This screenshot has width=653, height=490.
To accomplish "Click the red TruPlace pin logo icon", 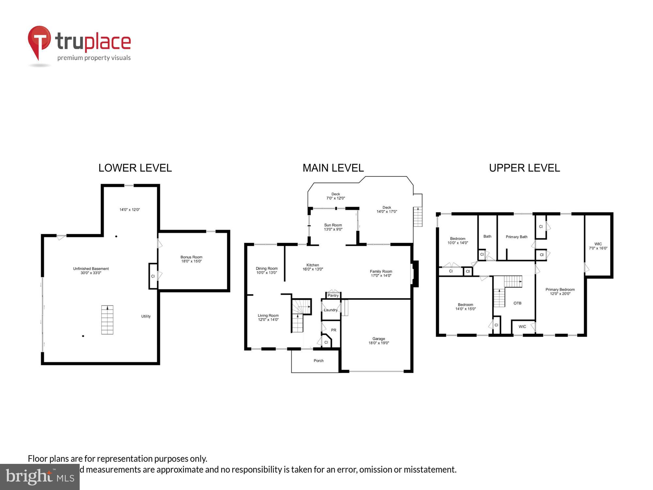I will [39, 41].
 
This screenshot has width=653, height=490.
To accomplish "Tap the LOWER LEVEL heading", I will [135, 168].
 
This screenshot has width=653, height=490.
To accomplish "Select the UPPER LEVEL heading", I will [524, 168].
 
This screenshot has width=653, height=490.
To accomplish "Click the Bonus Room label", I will [191, 257].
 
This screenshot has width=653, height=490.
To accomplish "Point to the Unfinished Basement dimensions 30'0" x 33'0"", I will [91, 273].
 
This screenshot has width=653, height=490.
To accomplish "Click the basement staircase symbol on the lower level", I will [107, 320].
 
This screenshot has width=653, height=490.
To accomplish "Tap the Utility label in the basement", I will [146, 316].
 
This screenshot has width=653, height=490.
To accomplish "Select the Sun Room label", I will [333, 225].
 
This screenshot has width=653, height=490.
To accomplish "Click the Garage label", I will [378, 339].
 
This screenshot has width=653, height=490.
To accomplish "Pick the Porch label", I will [318, 361].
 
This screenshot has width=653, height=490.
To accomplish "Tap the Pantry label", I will [333, 295].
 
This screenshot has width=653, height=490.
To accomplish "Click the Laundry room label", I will [330, 310].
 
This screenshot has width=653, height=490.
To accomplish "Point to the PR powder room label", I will [333, 330].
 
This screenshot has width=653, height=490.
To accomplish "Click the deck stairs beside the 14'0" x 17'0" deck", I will [418, 217].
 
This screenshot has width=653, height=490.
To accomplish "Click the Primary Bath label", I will [516, 237].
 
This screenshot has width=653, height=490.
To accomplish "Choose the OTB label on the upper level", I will [517, 303].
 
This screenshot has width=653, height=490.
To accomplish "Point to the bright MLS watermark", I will [40, 477].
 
